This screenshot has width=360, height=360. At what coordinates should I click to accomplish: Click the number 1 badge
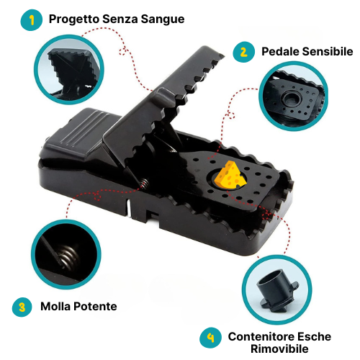pos(32,20)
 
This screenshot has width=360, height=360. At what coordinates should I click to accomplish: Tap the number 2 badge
pos(243,52)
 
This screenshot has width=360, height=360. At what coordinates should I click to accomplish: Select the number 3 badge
pos(22,307)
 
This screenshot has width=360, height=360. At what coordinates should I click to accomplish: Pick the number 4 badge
pos(210,338)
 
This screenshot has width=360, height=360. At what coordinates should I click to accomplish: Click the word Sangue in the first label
pos(163,19)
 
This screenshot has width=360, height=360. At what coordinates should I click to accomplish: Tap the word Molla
pos(55,307)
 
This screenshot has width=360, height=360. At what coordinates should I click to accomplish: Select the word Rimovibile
pos(279,348)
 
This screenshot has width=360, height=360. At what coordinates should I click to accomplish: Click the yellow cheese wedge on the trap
pos(230,176)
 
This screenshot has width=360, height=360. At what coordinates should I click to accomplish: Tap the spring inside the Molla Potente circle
pos(68,257)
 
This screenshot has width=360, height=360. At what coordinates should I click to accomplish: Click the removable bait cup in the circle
pos(277,290)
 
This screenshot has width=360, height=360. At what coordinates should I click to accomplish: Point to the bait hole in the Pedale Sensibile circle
pos(292,99)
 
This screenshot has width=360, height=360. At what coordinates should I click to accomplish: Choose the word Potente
pos(95,307)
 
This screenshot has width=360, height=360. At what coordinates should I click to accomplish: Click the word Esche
pos(315,336)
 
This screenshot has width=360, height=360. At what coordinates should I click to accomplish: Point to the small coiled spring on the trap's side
pos(144,184)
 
